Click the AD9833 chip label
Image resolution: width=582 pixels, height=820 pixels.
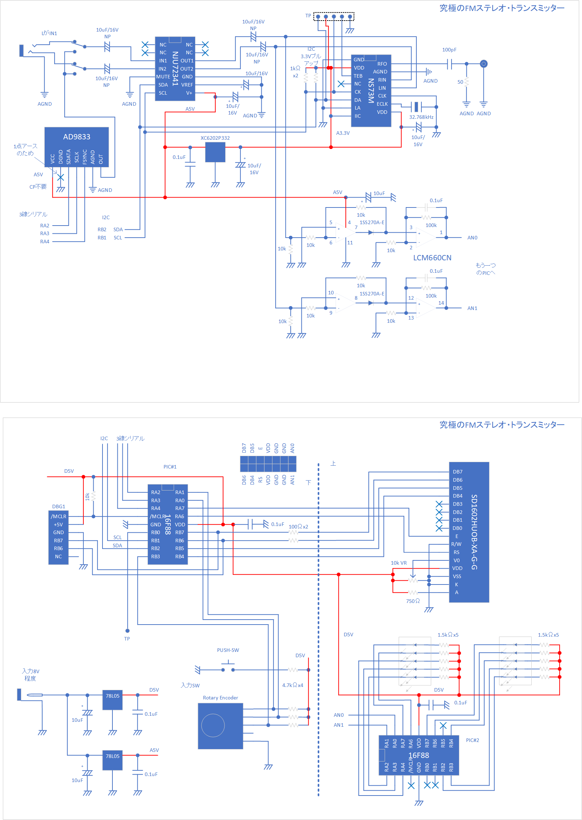coord(77,137)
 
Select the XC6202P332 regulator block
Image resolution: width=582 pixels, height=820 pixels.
coord(215,152)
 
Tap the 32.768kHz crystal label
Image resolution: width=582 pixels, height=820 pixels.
coord(421,117)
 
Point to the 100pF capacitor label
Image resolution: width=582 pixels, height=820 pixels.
coord(449,50)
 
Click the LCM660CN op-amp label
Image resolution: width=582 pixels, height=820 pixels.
coord(432,258)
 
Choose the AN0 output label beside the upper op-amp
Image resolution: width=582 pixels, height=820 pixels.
coord(472,238)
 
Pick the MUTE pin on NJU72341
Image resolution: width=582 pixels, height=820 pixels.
coord(163,77)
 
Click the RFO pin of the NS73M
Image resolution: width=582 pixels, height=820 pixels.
coord(382,64)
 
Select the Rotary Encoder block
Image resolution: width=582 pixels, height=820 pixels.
coord(220,726)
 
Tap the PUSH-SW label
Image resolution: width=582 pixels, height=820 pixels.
coord(228,650)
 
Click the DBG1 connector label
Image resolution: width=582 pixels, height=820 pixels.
coord(59,506)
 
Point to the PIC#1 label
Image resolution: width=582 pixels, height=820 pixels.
coord(170,467)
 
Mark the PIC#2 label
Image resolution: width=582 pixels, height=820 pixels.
coord(472,740)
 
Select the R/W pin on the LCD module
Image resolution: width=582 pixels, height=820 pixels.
coord(456,544)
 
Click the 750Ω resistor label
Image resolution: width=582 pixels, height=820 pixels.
coord(413,601)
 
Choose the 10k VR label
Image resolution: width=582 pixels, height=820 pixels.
coord(399,563)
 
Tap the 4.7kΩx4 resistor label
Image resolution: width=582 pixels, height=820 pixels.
coord(293,685)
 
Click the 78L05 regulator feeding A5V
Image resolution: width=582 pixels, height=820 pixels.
coord(112,760)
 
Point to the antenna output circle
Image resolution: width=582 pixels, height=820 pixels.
coord(483,64)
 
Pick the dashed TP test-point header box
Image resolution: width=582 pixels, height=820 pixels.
coord(334,16)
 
